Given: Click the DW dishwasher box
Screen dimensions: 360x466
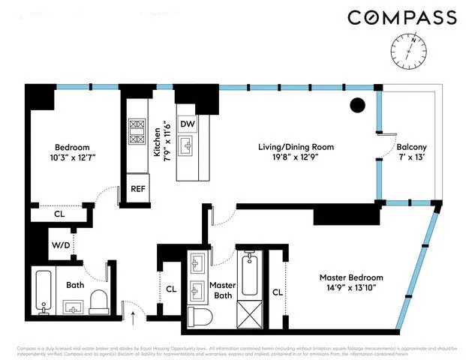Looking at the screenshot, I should coord(188,124).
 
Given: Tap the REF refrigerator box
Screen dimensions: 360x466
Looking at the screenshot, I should coord(138,189).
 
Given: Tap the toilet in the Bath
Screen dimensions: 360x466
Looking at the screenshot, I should coord(98,301).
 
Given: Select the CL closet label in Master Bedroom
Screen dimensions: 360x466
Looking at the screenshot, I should coord(277,292).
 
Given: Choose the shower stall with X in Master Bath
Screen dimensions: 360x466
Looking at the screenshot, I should coord(250,312).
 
